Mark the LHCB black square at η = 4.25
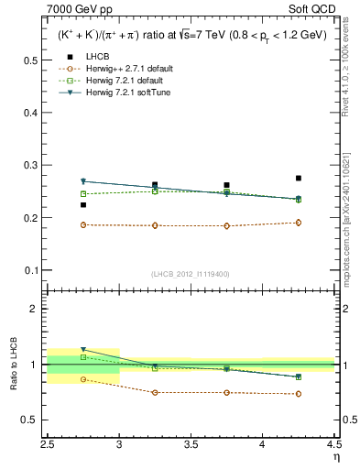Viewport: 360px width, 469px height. tap(299, 178)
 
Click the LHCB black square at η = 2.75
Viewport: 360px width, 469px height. tap(83, 205)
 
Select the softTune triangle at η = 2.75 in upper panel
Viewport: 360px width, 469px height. tap(83, 181)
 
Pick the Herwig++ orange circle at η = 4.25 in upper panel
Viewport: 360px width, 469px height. tap(299, 223)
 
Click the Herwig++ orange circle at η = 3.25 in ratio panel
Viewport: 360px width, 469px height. tap(155, 392)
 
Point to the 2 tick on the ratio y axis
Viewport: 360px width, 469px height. tap(35, 309)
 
